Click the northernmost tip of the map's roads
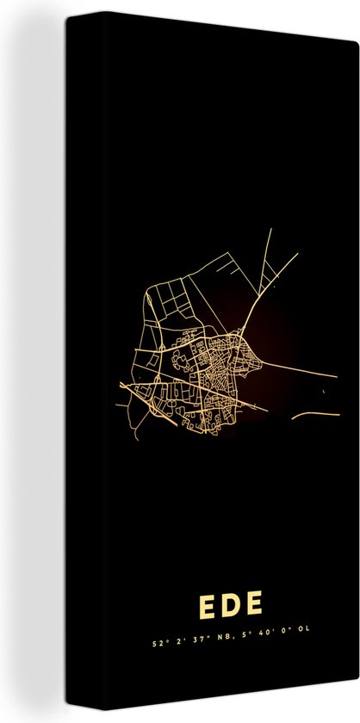(x=271, y=229)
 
